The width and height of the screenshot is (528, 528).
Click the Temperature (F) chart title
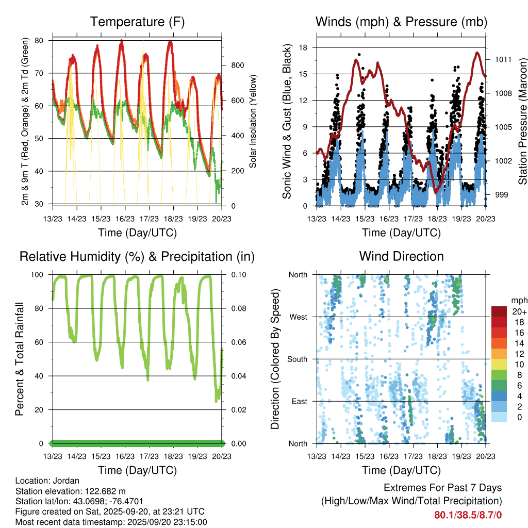pos(137,22)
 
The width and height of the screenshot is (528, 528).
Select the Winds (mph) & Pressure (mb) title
pos(401,22)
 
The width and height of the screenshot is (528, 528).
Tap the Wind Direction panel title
pos(401,256)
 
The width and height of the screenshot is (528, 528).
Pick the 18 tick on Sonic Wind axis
pos(304,47)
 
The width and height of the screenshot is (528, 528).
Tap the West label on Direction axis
pos(298,317)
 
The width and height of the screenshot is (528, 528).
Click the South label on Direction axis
pos(297,359)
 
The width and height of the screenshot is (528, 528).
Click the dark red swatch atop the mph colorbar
pos(499,311)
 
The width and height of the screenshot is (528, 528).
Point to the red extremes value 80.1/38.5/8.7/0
pos(468,515)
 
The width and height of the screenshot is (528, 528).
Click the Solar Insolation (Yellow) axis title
pos(254,121)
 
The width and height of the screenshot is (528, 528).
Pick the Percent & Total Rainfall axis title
pos(20,359)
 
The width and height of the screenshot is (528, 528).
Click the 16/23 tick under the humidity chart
pos(125,456)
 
